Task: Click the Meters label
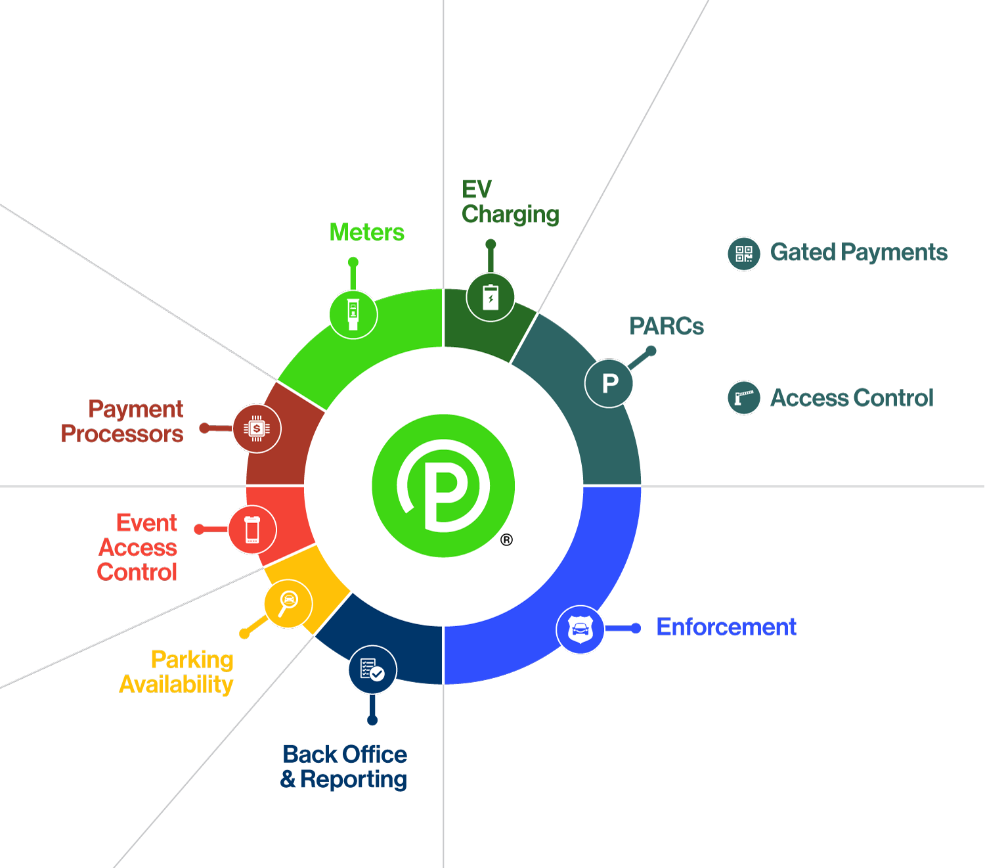tap(366, 232)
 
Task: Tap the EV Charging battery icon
tap(490, 297)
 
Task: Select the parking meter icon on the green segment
tap(353, 315)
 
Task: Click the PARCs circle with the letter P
tap(609, 383)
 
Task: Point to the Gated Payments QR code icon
tap(744, 254)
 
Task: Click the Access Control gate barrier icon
tap(744, 398)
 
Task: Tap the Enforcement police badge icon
tap(580, 629)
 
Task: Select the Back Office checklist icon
tap(372, 670)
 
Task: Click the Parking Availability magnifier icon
tap(288, 604)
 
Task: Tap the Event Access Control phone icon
tap(252, 530)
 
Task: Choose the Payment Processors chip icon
tap(257, 428)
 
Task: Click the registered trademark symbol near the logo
tap(506, 539)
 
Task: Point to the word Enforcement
tap(726, 627)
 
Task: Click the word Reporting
tap(353, 779)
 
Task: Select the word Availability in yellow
tap(176, 685)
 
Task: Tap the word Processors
tap(122, 434)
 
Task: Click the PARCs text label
tap(667, 326)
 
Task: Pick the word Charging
tap(510, 215)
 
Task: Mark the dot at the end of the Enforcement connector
tap(636, 629)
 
